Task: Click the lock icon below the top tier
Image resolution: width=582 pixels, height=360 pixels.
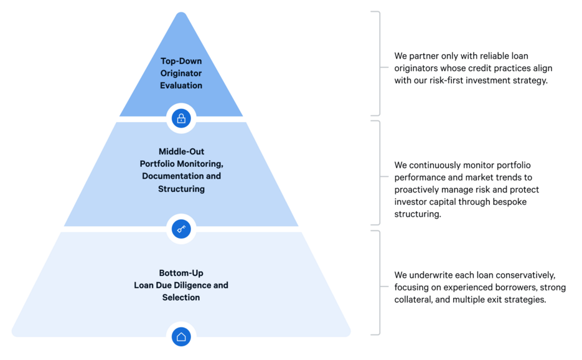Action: point(181,118)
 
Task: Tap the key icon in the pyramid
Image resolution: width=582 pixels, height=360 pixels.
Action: point(181,229)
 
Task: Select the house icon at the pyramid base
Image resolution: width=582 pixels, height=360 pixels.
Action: point(181,337)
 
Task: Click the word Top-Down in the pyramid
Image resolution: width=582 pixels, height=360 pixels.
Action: point(181,61)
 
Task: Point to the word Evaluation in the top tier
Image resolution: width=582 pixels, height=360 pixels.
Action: point(181,85)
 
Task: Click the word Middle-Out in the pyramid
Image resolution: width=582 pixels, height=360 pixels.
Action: point(181,151)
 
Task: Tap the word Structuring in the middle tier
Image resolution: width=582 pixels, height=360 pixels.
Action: point(181,189)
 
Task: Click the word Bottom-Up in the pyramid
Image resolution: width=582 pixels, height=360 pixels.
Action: point(181,273)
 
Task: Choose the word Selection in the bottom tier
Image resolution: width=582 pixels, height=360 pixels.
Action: point(181,298)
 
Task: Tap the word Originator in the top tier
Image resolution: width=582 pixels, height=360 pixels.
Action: point(181,73)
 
